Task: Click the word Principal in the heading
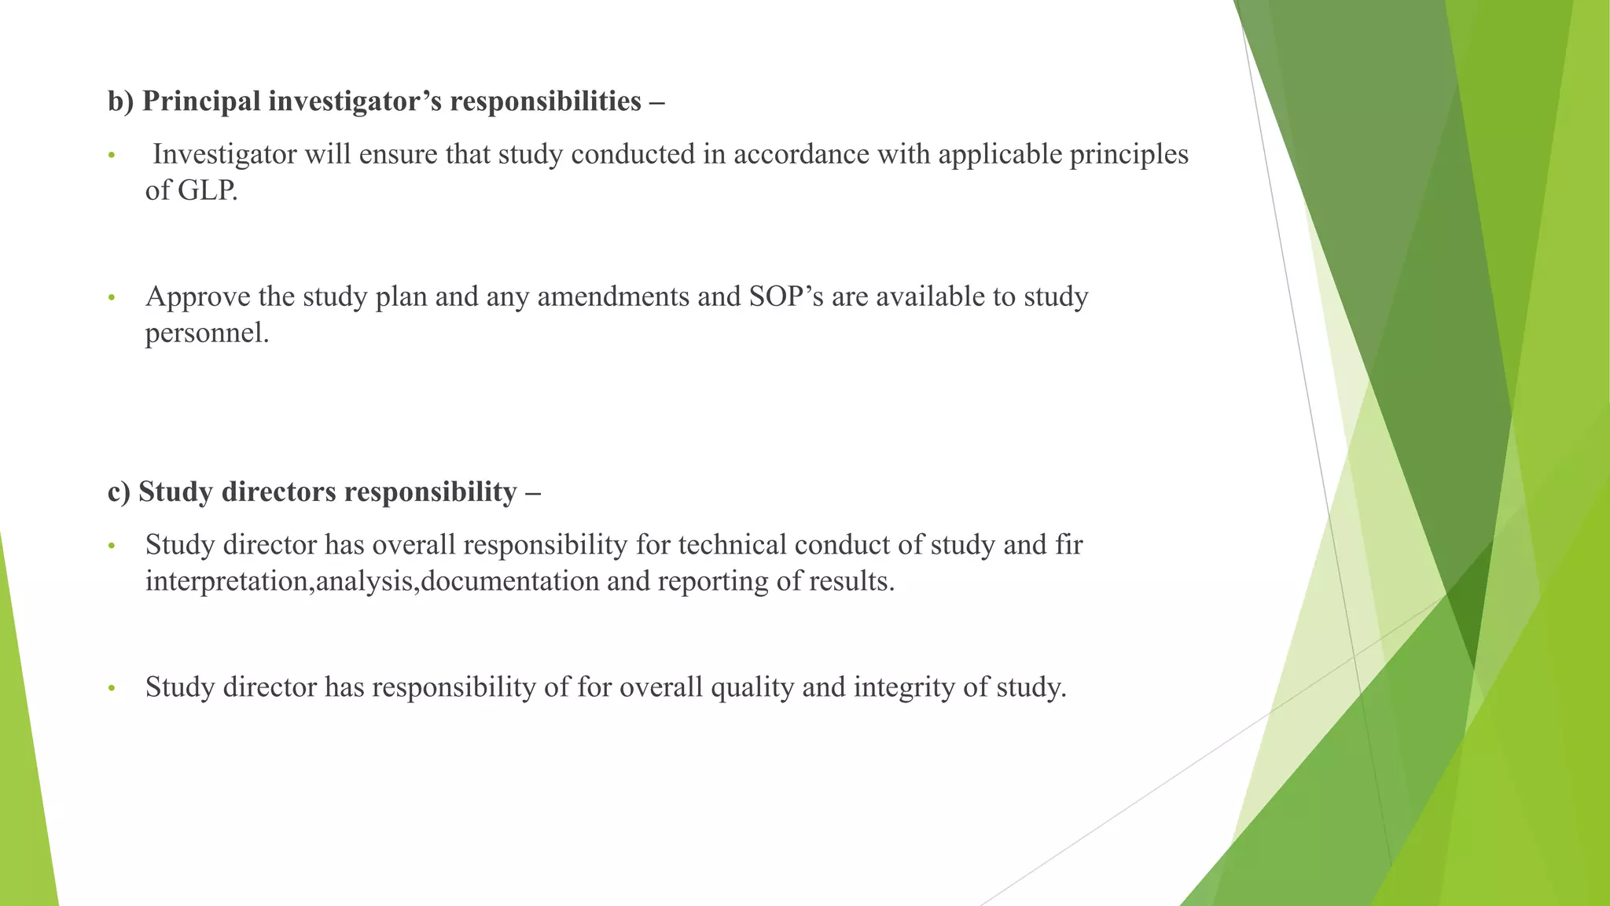coord(201,101)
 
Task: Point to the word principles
coord(1128,154)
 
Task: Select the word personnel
coord(207,333)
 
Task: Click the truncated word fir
coord(1069,544)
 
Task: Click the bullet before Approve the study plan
coord(112,298)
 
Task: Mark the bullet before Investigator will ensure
coord(112,156)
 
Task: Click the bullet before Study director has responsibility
coord(112,689)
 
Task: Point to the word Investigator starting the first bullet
coord(224,154)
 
